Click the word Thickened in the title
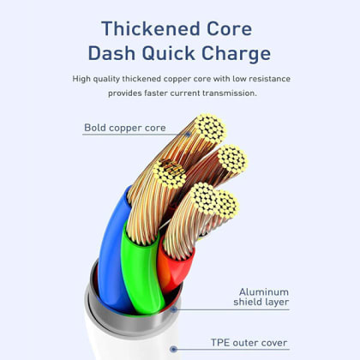pyautogui.click(x=151, y=28)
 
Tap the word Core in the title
pyautogui.click(x=230, y=28)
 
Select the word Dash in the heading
pyautogui.click(x=111, y=53)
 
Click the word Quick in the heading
pyautogui.click(x=168, y=54)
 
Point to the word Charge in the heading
pyautogui.click(x=237, y=54)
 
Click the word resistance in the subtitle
pyautogui.click(x=269, y=79)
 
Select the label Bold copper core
pyautogui.click(x=125, y=128)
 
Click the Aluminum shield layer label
pyautogui.click(x=261, y=297)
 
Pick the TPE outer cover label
pyautogui.click(x=249, y=343)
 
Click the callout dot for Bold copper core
pyautogui.click(x=188, y=134)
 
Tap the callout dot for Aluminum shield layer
pyautogui.click(x=173, y=309)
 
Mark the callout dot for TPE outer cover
pyautogui.click(x=173, y=349)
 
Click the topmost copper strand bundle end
pyautogui.click(x=211, y=129)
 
